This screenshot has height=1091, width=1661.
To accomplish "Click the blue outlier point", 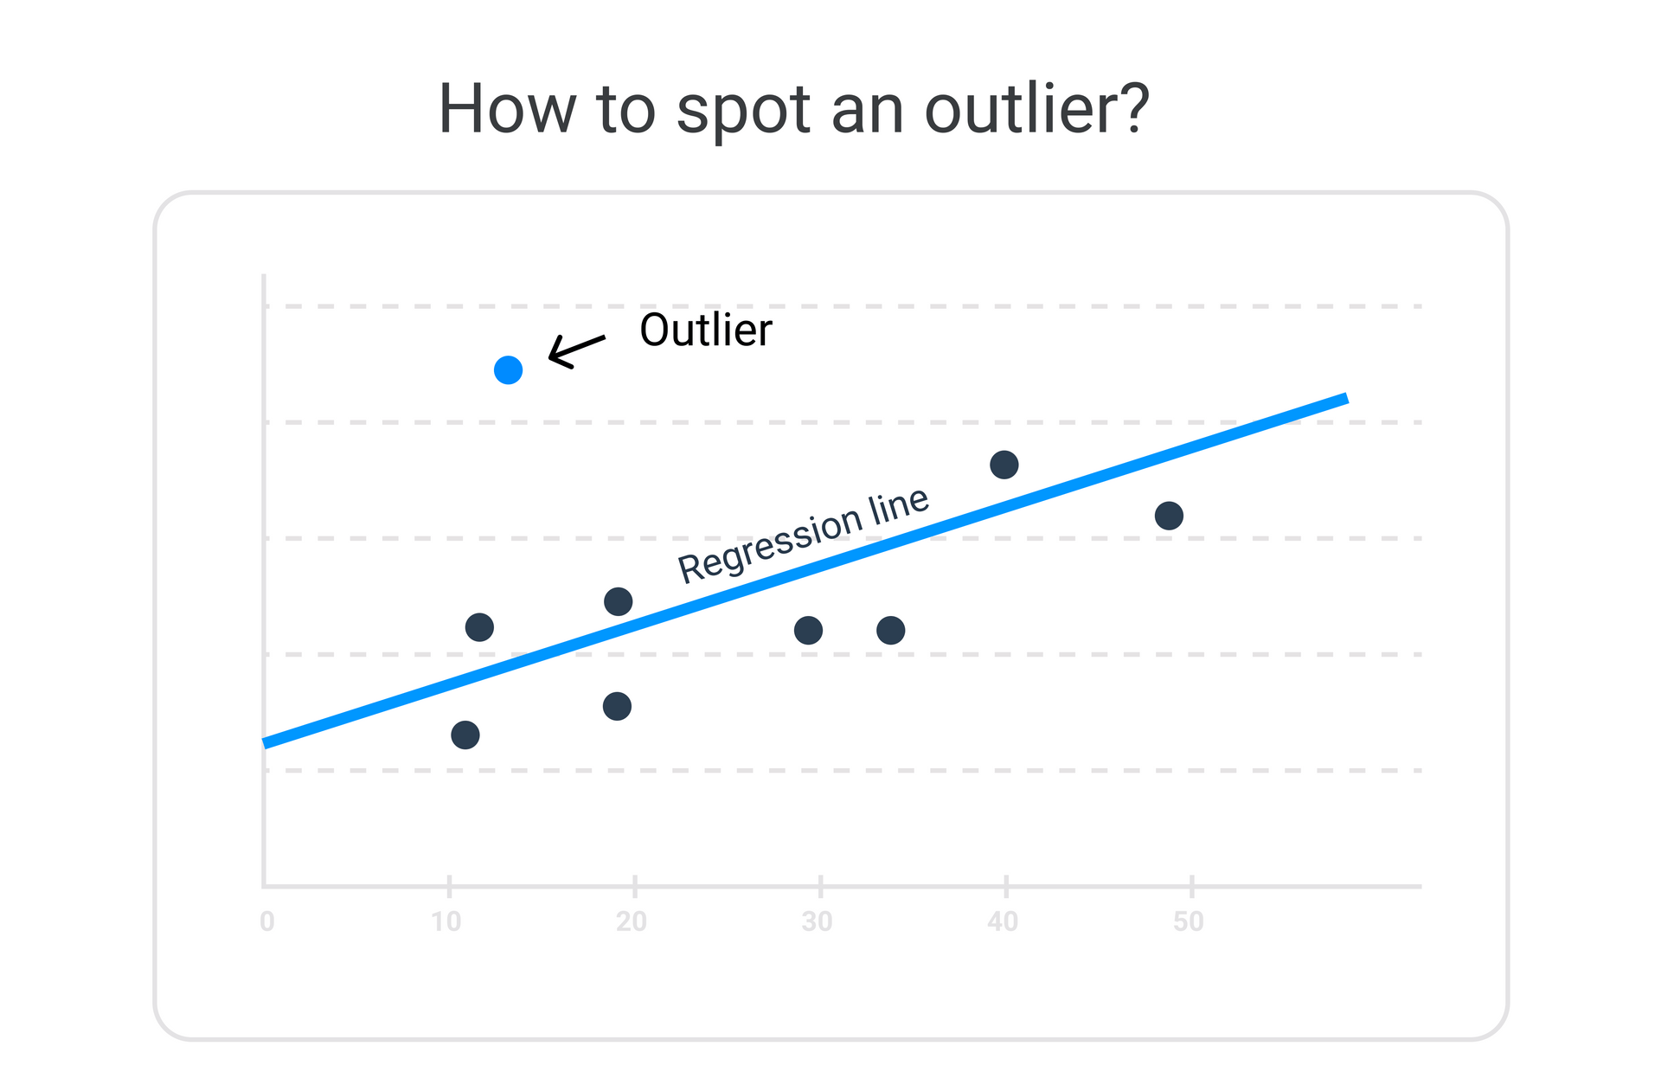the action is pyautogui.click(x=508, y=370).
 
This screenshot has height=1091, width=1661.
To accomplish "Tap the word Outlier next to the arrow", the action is pyautogui.click(x=705, y=330).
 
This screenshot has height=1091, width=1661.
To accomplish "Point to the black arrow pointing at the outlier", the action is pyautogui.click(x=576, y=351).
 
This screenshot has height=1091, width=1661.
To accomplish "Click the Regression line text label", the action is pyautogui.click(x=803, y=534).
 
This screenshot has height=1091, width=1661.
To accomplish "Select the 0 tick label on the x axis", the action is pyautogui.click(x=267, y=922).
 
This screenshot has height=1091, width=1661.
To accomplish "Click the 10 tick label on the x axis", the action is pyautogui.click(x=446, y=922).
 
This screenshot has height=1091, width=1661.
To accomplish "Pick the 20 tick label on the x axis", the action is pyautogui.click(x=632, y=922).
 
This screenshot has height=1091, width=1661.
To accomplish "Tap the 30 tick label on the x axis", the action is pyautogui.click(x=817, y=922).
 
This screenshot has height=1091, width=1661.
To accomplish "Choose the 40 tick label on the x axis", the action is pyautogui.click(x=1003, y=922).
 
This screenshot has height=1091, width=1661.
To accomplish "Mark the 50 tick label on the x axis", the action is pyautogui.click(x=1189, y=922).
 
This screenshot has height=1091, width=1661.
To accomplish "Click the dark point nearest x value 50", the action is pyautogui.click(x=1169, y=516).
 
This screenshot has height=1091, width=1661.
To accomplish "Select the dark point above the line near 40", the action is pyautogui.click(x=1004, y=465).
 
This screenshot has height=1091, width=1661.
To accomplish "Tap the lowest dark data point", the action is pyautogui.click(x=465, y=735).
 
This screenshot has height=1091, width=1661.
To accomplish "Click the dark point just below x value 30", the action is pyautogui.click(x=808, y=631).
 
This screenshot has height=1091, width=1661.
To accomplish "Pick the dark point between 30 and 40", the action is pyautogui.click(x=890, y=631).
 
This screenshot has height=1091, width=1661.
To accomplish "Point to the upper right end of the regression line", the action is pyautogui.click(x=1347, y=398).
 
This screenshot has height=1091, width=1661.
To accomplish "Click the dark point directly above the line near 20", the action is pyautogui.click(x=618, y=601).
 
